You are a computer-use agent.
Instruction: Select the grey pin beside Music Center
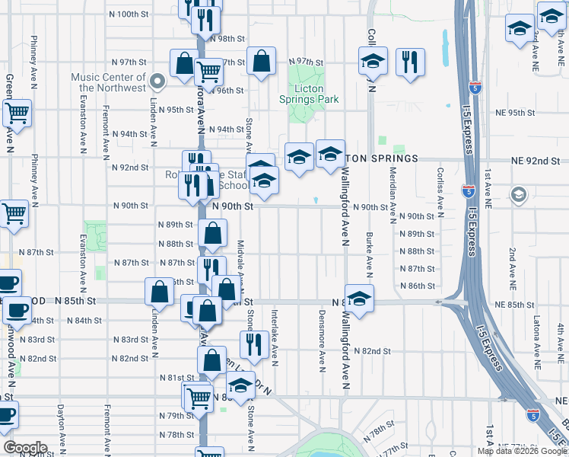[x=157, y=81]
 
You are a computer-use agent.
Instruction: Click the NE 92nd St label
[x=536, y=161]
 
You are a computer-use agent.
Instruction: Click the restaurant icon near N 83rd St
[x=253, y=344]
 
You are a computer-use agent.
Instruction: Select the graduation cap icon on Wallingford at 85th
[x=359, y=297]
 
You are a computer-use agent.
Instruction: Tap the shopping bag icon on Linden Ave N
[x=159, y=291]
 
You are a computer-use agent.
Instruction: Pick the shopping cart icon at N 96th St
[x=208, y=72]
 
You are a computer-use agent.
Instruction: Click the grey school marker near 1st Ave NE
[x=519, y=194]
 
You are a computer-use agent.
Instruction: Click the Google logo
[x=25, y=448]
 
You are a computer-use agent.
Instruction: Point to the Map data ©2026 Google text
[x=522, y=450]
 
